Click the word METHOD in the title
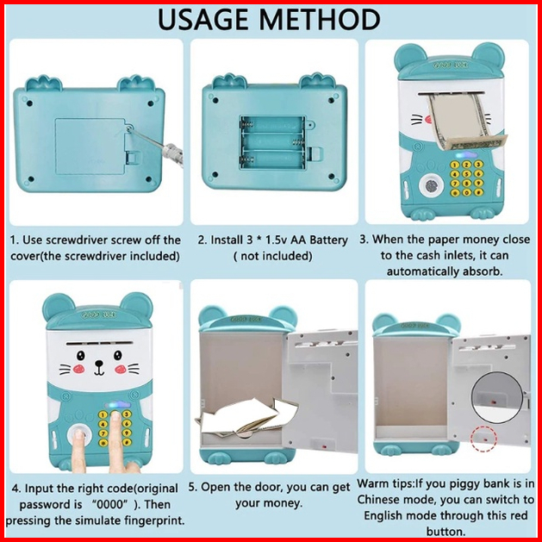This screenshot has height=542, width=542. point(320,19)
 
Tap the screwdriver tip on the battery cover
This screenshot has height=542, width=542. point(129,129)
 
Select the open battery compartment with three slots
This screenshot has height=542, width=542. point(273,142)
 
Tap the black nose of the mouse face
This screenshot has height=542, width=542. point(100,364)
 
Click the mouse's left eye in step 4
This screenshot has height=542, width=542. point(81,355)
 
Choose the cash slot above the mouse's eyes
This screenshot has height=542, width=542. point(98,345)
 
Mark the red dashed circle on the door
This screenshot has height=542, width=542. point(483,439)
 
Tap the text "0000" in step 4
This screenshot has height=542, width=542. point(110,504)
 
